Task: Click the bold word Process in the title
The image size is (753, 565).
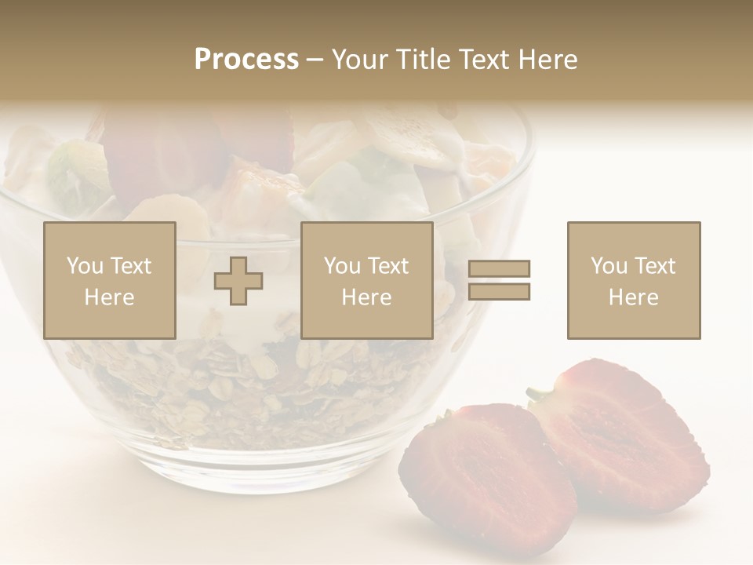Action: [246, 60]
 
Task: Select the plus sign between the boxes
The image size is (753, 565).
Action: [238, 281]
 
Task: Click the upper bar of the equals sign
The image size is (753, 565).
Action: [499, 269]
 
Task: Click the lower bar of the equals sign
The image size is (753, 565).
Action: [499, 292]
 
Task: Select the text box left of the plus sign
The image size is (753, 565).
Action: [110, 280]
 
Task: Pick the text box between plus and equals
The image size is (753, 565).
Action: [366, 280]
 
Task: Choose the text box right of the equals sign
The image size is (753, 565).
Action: [634, 280]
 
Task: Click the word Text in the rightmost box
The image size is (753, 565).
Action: [656, 266]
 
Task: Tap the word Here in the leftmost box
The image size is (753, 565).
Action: [109, 297]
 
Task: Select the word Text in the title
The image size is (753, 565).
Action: [486, 60]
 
